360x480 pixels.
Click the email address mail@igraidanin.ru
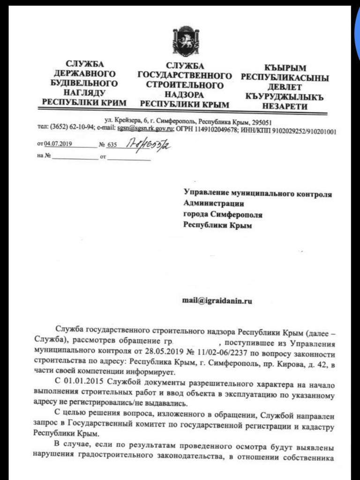[x=217, y=301]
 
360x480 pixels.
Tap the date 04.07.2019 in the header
[x=56, y=145]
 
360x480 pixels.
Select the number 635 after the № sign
[x=112, y=145]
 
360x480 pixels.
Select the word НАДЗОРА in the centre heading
[x=184, y=95]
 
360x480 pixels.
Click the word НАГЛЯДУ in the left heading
[x=84, y=92]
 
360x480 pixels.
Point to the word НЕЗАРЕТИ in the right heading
[x=285, y=106]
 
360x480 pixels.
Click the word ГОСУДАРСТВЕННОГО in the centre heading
[x=184, y=76]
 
